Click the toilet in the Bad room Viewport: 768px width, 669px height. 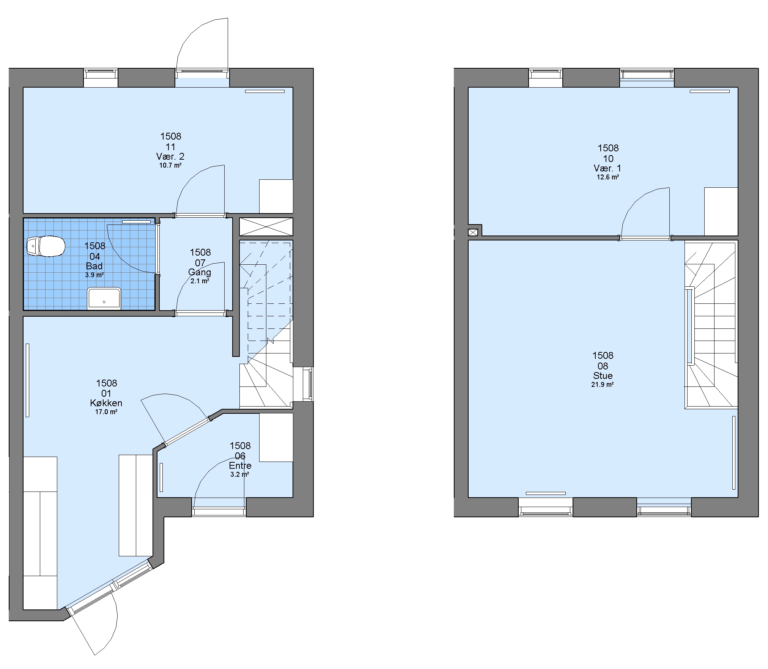click(x=46, y=246)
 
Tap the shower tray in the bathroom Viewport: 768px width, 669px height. click(x=104, y=298)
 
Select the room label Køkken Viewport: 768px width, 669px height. click(x=106, y=403)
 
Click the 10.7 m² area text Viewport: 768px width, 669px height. click(x=170, y=165)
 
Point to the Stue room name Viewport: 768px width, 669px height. click(x=603, y=375)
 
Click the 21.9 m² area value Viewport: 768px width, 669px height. click(x=603, y=384)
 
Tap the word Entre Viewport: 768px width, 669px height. click(x=240, y=465)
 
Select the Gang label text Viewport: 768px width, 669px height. click(x=200, y=272)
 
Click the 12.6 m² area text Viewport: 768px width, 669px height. click(x=608, y=177)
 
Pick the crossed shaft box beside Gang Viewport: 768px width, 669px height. click(x=266, y=226)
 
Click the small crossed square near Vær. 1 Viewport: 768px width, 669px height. click(x=473, y=232)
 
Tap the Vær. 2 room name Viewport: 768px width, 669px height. click(x=170, y=156)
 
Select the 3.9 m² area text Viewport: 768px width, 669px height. click(x=94, y=275)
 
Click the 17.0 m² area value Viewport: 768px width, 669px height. click(x=106, y=412)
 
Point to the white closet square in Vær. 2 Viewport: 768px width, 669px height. click(x=276, y=196)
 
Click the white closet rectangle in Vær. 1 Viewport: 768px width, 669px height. click(x=721, y=211)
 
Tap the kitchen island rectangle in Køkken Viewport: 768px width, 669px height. click(x=136, y=505)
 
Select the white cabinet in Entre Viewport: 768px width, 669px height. click(x=276, y=437)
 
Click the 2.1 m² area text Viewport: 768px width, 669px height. click(x=200, y=281)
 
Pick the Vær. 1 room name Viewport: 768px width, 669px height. click(x=608, y=168)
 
